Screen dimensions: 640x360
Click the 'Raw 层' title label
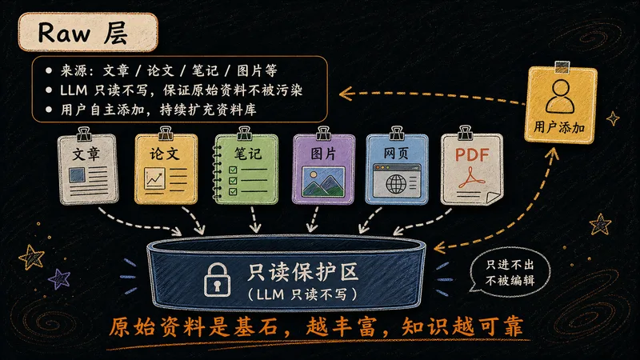88,32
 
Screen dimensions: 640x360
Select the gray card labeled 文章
89,169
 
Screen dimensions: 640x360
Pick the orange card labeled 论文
166,169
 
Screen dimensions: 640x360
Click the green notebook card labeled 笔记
246,169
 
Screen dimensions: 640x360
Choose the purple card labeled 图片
323,169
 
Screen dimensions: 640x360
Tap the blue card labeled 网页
396,169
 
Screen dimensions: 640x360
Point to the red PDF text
472,154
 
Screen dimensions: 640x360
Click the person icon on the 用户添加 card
560,96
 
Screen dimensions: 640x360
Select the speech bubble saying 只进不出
510,272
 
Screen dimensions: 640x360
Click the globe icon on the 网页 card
396,184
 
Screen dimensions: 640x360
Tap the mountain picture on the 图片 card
323,182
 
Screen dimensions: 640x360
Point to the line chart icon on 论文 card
154,178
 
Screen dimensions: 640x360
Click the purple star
59,279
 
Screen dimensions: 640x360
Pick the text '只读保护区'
302,272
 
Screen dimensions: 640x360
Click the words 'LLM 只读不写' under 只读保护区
302,294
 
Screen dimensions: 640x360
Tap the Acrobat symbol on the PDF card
471,178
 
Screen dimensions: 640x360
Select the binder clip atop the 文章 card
84,134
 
